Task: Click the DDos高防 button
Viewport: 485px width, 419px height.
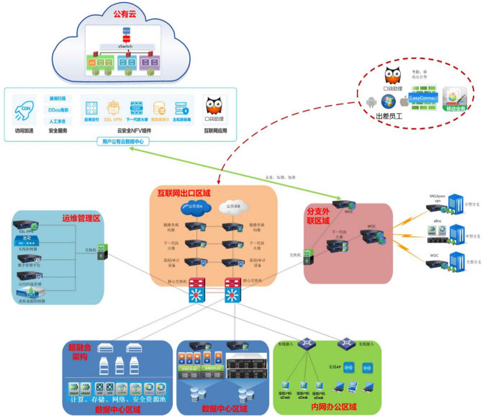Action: [x=60, y=109]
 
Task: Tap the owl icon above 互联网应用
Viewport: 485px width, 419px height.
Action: [x=213, y=107]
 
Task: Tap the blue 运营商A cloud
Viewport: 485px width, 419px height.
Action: [x=194, y=210]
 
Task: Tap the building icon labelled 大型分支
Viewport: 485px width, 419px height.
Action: [x=458, y=259]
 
